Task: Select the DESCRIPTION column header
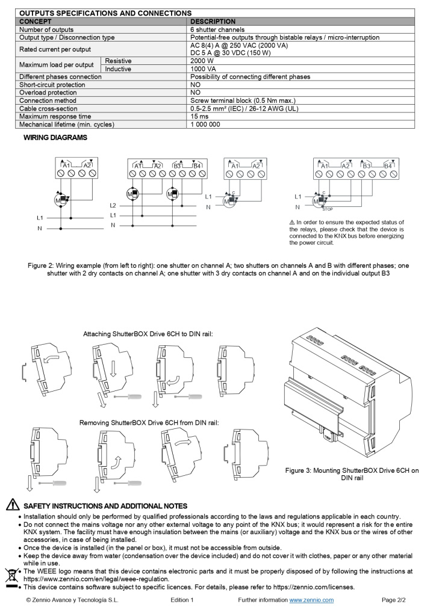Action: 213,21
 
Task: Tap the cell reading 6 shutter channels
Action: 217,29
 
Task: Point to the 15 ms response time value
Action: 199,116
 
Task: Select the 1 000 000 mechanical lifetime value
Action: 205,124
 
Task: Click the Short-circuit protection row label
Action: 52,85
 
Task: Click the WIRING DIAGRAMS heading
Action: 55,137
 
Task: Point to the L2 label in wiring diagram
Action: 113,205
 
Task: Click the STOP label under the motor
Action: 327,209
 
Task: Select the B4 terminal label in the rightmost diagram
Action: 388,165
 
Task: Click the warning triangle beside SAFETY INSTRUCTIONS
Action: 12,506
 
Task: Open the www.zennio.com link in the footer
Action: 311,600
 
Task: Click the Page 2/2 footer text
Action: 394,600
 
